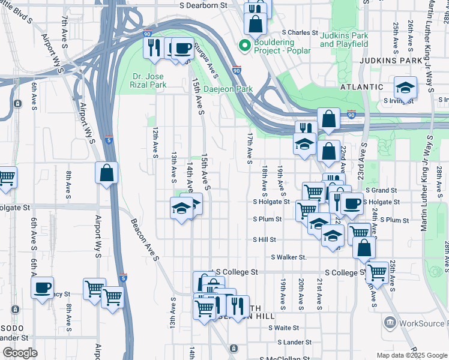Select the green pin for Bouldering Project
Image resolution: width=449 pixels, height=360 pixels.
[x=244, y=46]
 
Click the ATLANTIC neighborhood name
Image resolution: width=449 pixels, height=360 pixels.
[x=361, y=87]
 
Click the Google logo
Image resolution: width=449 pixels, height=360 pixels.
[x=19, y=353]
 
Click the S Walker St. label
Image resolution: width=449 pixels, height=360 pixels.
[x=289, y=257]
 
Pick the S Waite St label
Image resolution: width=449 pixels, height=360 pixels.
[x=284, y=328]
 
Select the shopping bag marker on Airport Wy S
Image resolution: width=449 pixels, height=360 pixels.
[x=106, y=173]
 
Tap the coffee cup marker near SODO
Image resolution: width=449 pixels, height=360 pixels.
[x=42, y=288]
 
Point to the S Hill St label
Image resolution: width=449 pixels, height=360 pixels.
[x=264, y=239]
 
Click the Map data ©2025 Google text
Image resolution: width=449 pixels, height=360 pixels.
[x=411, y=355]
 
